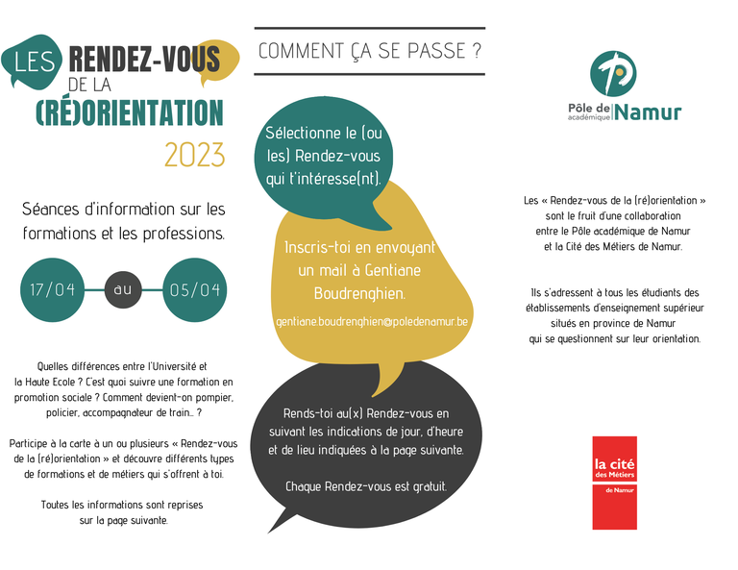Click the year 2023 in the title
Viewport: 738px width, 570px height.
(x=194, y=155)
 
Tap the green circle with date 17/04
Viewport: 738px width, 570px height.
(x=53, y=289)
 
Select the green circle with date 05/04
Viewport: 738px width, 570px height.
(x=194, y=289)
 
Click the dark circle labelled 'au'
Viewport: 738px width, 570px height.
(x=123, y=289)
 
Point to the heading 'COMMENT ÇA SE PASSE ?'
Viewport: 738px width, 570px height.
(x=369, y=51)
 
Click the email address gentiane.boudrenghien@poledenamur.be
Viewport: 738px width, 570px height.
(x=371, y=320)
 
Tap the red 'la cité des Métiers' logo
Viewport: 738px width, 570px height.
(x=614, y=483)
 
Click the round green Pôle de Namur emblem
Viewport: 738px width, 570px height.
(x=614, y=72)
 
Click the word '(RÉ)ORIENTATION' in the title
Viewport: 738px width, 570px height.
(x=129, y=113)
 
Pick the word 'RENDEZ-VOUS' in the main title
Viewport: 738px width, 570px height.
(x=145, y=61)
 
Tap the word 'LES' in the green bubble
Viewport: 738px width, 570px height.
(x=36, y=62)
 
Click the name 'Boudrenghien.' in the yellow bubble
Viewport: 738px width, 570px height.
(x=359, y=292)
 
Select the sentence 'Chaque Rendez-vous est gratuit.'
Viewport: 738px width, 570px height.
(x=366, y=486)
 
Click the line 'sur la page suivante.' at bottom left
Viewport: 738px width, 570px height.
(x=124, y=520)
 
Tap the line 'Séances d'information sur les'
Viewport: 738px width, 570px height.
(x=123, y=209)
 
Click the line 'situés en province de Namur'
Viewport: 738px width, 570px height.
(x=614, y=323)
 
